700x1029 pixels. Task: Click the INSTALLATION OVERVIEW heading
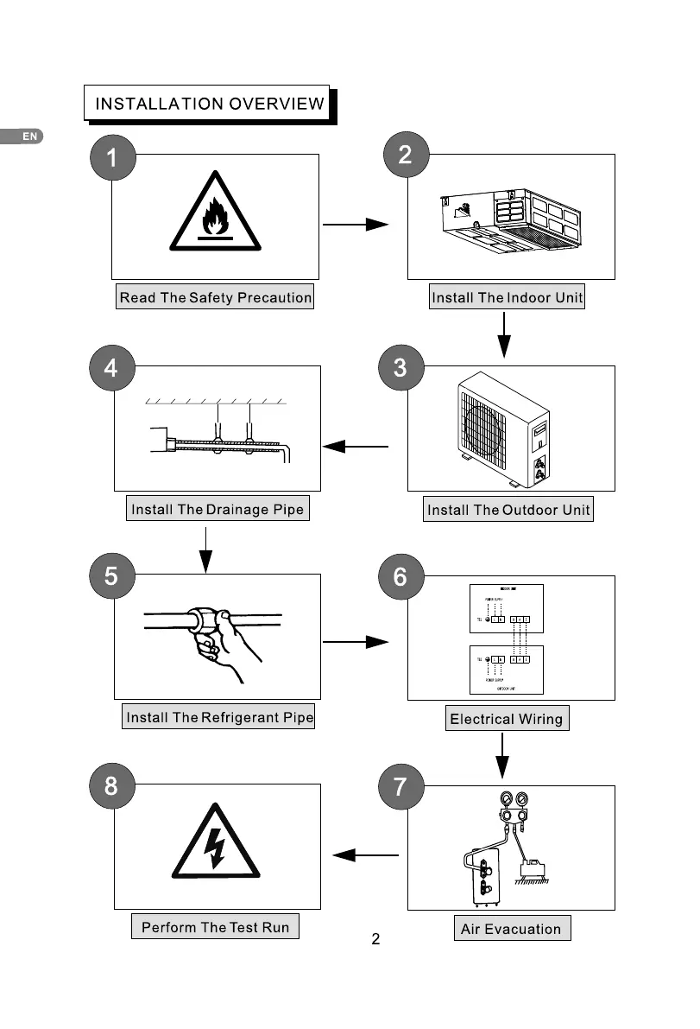pos(209,105)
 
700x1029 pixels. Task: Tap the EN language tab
pos(28,137)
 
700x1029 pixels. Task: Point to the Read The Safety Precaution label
pos(215,298)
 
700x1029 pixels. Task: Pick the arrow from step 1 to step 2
pos(355,225)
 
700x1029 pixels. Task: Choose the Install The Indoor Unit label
pos(508,298)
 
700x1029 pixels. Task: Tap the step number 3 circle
pos(400,367)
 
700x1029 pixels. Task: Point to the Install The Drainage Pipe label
pos(218,509)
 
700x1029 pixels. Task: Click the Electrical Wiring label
pos(506,719)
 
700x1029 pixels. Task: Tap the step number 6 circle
pos(400,576)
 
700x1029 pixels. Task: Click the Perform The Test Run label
pos(215,928)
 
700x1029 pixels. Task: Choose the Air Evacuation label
pos(511,930)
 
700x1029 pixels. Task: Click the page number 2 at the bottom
pos(375,939)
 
